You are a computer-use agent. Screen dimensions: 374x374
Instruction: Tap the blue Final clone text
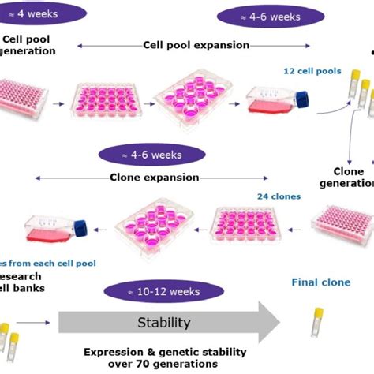(x=321, y=282)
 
